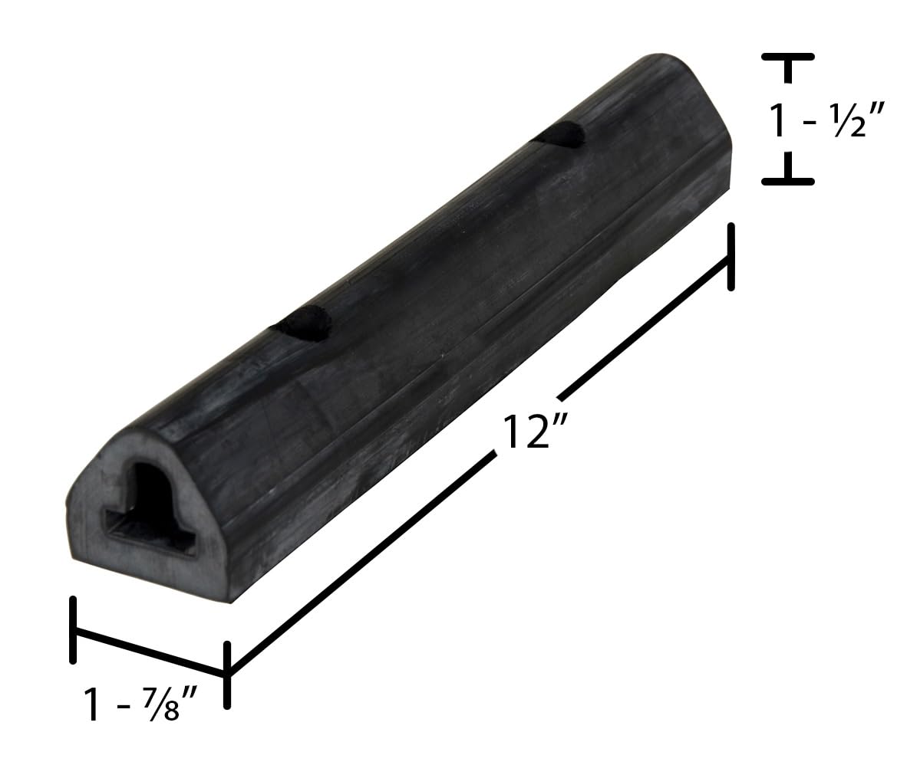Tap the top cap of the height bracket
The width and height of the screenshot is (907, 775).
(x=787, y=57)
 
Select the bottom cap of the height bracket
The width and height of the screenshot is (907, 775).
(x=787, y=180)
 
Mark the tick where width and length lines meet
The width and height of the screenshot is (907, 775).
(x=226, y=675)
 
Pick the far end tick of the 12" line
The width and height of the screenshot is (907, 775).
(x=731, y=257)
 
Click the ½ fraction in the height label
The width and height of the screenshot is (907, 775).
(x=853, y=121)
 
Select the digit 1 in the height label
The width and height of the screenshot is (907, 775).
(x=779, y=120)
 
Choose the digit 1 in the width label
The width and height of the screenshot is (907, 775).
(x=94, y=704)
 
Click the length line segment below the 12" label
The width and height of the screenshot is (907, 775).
(x=361, y=563)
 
